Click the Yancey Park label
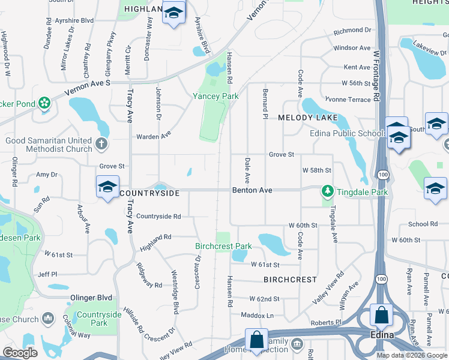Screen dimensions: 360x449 [215, 96]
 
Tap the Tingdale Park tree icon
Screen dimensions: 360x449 [327, 191]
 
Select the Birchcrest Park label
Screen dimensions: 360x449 [223, 246]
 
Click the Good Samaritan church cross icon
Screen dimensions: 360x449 [101, 144]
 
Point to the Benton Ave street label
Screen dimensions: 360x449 [252, 190]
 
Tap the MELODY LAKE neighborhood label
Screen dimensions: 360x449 [308, 118]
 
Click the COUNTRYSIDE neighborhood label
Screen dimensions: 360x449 [149, 193]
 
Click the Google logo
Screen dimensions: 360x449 [20, 353]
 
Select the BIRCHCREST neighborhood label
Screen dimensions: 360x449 [290, 280]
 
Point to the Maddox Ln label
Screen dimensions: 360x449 [257, 315]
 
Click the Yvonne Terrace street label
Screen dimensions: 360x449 [348, 100]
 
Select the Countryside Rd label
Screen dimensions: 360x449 [158, 216]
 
